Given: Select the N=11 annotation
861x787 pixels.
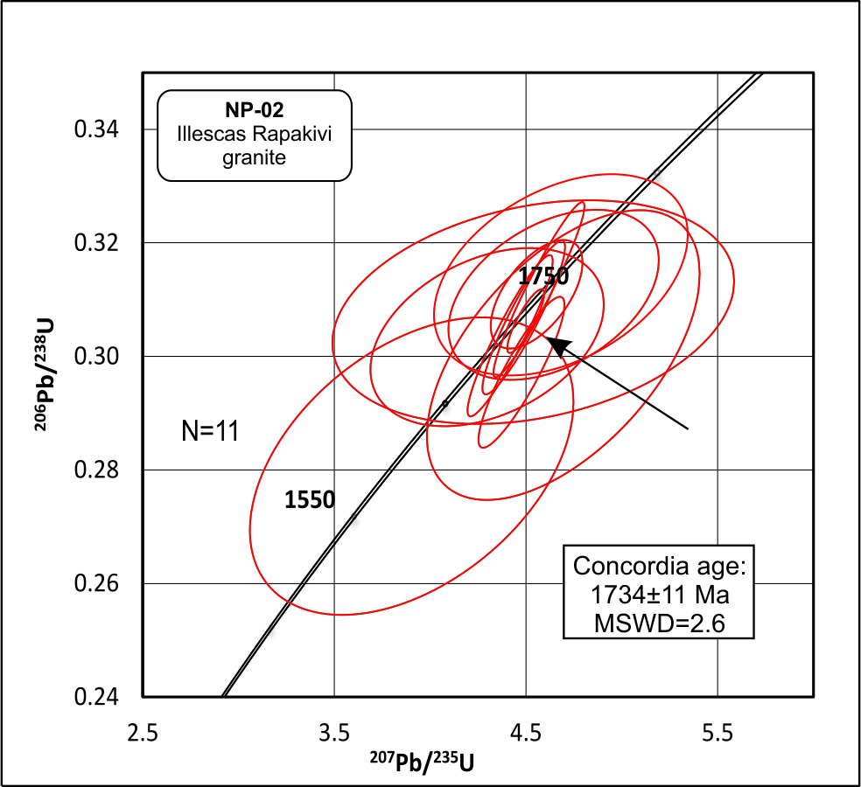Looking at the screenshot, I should (211, 430).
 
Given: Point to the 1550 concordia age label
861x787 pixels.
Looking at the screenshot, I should (309, 500).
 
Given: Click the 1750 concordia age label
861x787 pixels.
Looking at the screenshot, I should (543, 277).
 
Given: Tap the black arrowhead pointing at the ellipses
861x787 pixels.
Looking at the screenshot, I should (556, 345).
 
